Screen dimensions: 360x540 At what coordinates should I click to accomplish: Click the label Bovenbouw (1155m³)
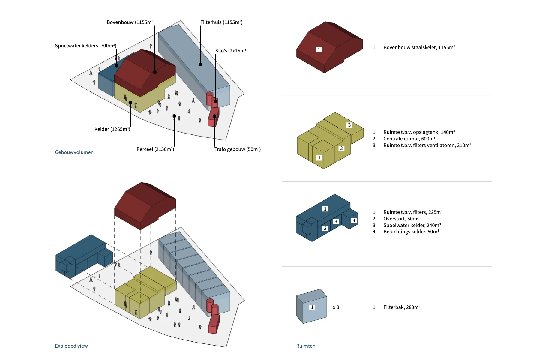tap(130, 22)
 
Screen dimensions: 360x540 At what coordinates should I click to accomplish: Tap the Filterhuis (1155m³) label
tap(221, 22)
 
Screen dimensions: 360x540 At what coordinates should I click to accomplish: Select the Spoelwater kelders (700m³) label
tap(85, 46)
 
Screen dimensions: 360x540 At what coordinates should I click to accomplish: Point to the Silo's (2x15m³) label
tap(231, 51)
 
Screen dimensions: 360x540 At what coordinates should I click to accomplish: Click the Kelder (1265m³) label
tap(112, 129)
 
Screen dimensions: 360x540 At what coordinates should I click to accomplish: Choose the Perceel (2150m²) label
tap(155, 149)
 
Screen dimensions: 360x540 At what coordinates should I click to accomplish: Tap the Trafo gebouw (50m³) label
tap(237, 149)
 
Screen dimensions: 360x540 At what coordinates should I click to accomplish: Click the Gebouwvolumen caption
tap(74, 152)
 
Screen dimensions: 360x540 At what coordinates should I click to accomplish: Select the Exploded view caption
tap(71, 346)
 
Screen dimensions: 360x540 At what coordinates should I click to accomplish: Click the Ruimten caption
tap(306, 346)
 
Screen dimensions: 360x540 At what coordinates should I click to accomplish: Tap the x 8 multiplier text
tap(336, 307)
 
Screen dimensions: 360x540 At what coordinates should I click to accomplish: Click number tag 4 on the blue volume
tap(354, 220)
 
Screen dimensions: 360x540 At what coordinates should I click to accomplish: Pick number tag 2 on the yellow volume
tap(341, 148)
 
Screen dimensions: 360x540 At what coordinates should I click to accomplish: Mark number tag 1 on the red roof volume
tap(319, 49)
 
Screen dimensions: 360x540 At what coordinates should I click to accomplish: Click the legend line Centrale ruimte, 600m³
tap(409, 139)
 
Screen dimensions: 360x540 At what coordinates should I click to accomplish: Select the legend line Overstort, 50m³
tap(401, 219)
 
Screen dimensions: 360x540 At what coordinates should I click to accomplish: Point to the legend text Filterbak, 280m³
tap(402, 307)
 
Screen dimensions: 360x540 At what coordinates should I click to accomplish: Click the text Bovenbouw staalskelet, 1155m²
tap(419, 47)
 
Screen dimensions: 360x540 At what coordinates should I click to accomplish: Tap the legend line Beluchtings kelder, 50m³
tap(411, 232)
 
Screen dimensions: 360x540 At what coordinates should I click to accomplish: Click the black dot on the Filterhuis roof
tap(200, 64)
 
